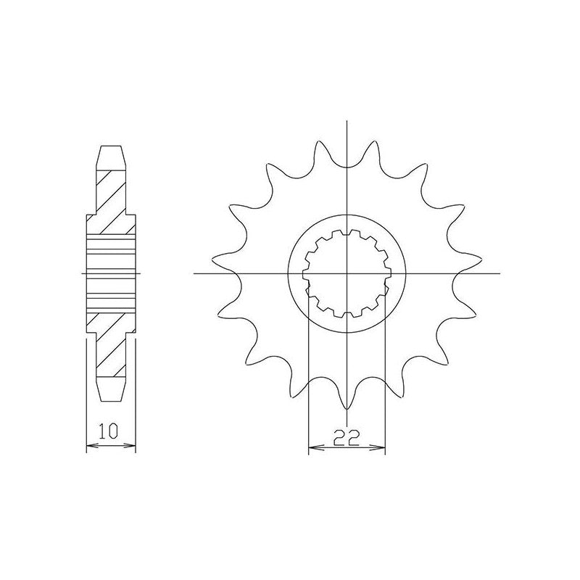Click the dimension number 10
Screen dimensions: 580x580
pyautogui.click(x=108, y=431)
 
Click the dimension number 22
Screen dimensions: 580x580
pyautogui.click(x=347, y=438)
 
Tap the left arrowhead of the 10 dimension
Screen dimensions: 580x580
pyautogui.click(x=91, y=445)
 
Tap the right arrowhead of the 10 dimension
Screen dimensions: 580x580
pyautogui.click(x=131, y=445)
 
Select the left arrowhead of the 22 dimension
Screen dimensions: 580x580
pyautogui.click(x=314, y=448)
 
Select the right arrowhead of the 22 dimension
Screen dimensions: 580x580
pyautogui.click(x=380, y=448)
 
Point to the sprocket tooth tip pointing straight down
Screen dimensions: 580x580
pyautogui.click(x=347, y=410)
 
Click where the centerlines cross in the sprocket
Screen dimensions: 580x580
pyautogui.click(x=347, y=274)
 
